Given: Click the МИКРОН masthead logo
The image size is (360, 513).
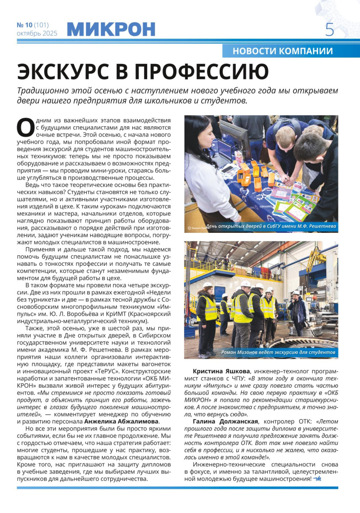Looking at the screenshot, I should pos(111,29).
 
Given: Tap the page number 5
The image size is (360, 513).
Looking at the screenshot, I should pos(330,30).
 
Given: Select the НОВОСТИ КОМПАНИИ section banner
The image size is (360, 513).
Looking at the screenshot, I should pos(283,51).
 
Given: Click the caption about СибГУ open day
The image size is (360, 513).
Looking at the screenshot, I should pos(270,226).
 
